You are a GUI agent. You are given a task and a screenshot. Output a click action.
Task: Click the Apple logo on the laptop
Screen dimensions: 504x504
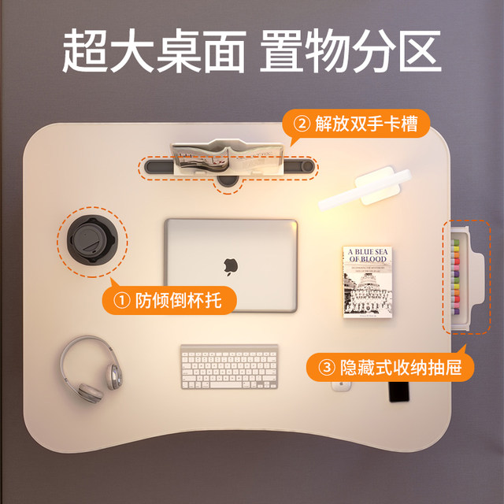click(x=231, y=265)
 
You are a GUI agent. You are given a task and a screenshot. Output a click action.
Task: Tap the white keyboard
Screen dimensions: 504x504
click(x=229, y=366)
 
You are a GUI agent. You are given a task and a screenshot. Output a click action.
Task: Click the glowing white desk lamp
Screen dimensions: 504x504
click(x=363, y=190)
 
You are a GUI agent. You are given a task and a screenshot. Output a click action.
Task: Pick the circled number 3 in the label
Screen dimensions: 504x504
click(x=325, y=367)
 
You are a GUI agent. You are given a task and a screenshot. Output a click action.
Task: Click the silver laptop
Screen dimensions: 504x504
click(x=231, y=265)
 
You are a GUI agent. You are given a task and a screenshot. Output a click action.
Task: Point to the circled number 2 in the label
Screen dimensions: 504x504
click(x=302, y=124)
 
